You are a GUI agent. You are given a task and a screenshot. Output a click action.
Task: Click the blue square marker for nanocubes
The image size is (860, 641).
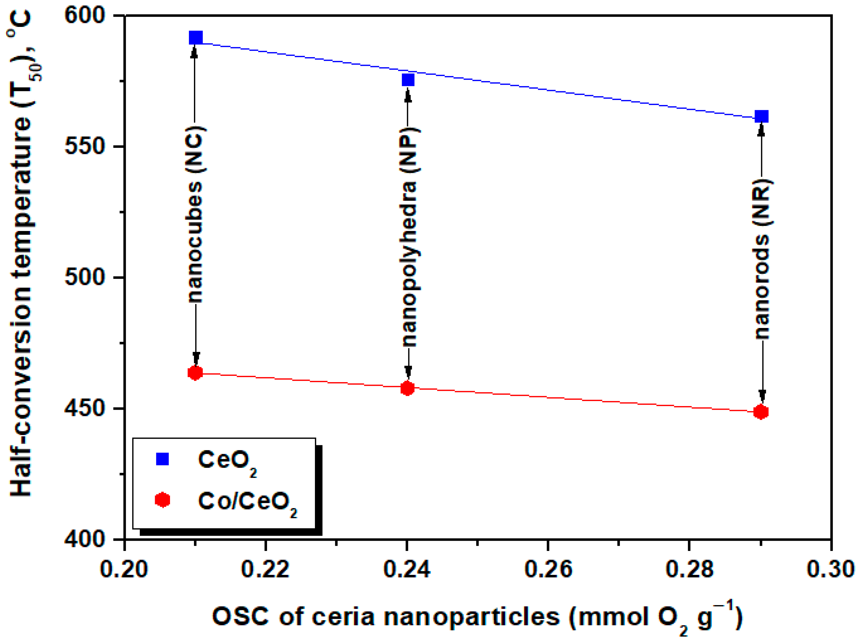click(x=195, y=38)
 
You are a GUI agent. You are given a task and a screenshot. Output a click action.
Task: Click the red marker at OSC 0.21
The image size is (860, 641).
click(x=195, y=373)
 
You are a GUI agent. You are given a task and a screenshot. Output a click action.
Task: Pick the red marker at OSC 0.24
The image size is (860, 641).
click(x=407, y=388)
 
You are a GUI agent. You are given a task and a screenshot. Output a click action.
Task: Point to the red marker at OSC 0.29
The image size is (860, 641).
click(x=761, y=412)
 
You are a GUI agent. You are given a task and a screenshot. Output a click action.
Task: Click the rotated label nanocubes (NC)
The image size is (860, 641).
click(x=195, y=214)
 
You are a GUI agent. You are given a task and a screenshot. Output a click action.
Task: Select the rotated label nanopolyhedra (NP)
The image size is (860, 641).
click(x=409, y=236)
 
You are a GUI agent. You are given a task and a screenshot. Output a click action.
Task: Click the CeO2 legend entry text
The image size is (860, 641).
click(x=227, y=461)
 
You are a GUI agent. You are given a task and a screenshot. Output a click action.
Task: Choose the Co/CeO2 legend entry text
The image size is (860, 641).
click(x=247, y=502)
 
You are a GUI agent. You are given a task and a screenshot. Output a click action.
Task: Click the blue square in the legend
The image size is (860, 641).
click(x=162, y=459)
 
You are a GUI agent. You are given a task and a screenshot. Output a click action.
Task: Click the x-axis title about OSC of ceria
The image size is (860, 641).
click(x=477, y=617)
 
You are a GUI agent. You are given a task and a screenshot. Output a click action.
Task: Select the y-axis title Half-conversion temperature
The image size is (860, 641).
click(x=21, y=256)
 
